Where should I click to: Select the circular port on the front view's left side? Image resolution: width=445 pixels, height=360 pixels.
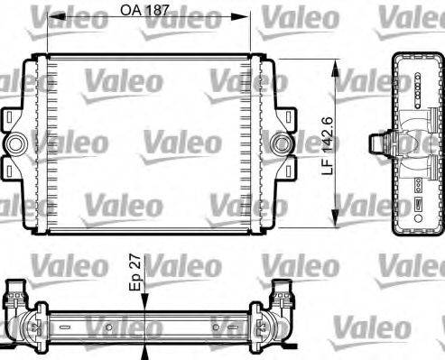16,143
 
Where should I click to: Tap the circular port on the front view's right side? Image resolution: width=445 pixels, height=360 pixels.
282,143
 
